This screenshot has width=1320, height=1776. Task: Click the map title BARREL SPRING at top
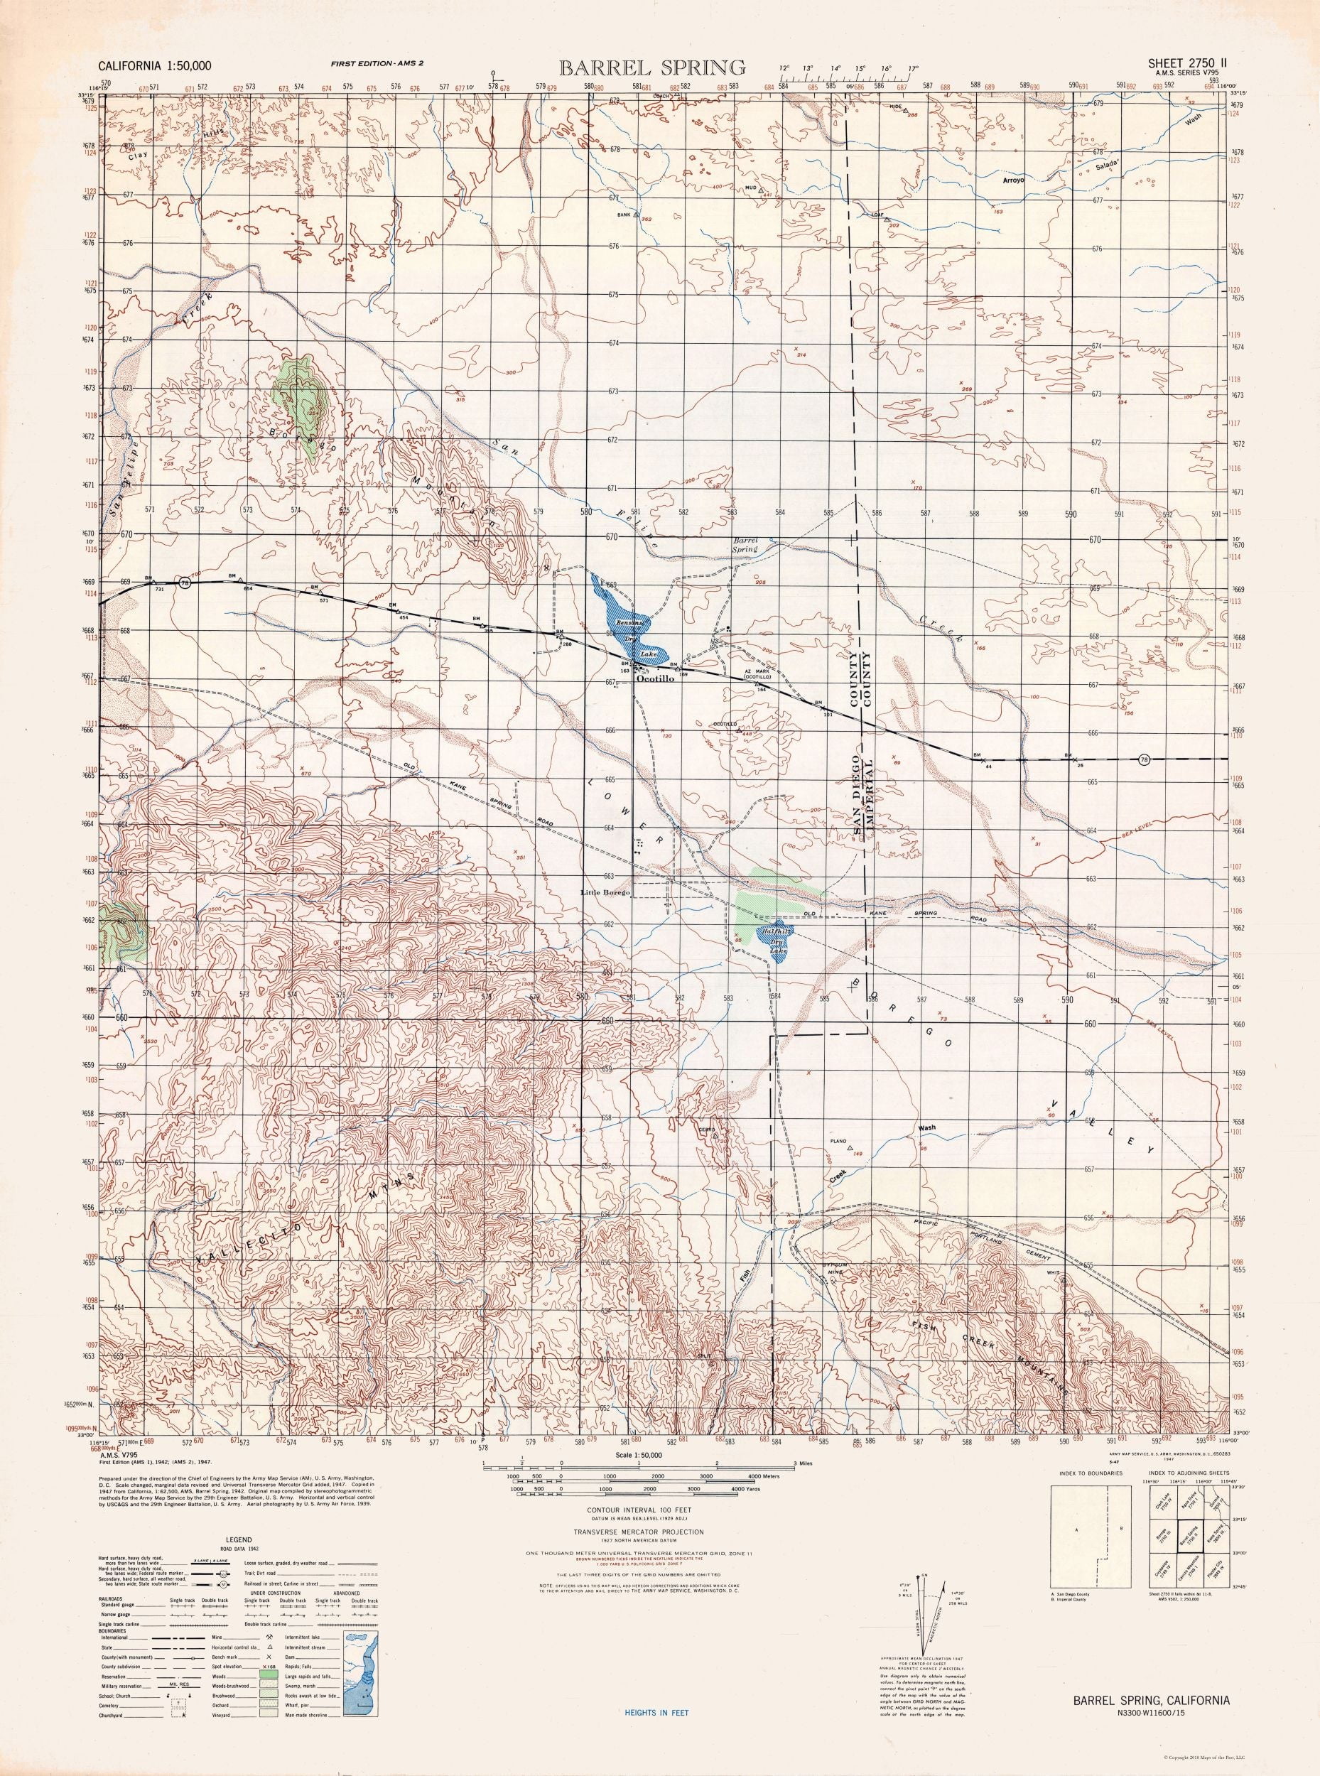pyautogui.click(x=652, y=66)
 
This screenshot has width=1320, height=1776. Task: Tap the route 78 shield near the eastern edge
pyautogui.click(x=1145, y=759)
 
